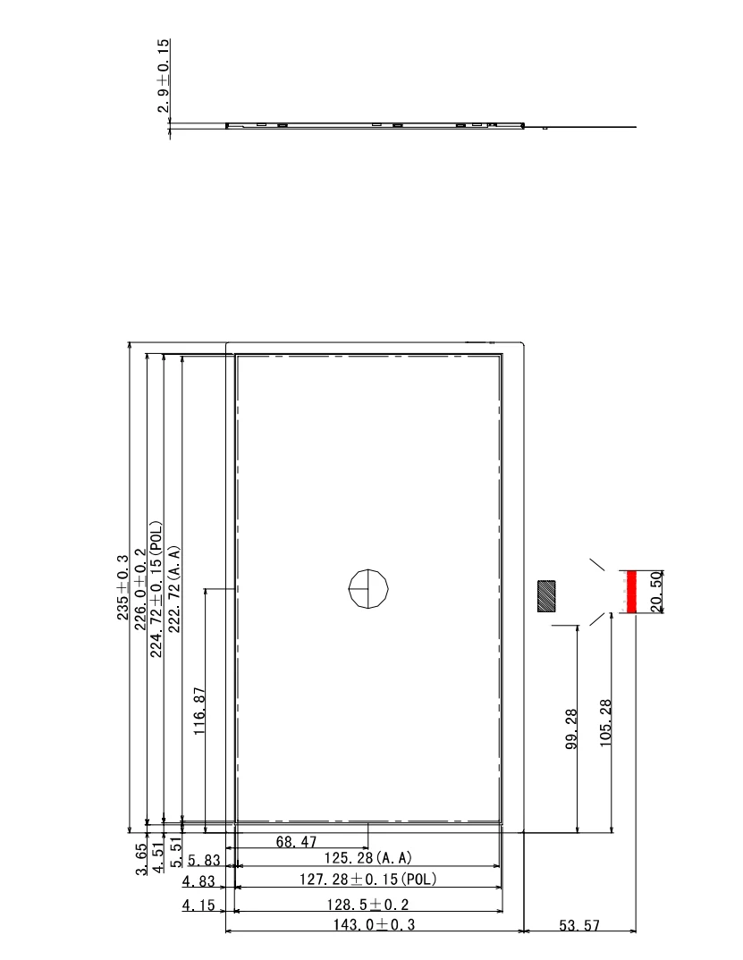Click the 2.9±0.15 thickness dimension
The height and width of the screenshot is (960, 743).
(x=164, y=77)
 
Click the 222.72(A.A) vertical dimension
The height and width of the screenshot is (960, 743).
(x=174, y=589)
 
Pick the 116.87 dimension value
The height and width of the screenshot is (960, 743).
(x=200, y=711)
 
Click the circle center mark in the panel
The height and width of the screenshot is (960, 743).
(x=369, y=588)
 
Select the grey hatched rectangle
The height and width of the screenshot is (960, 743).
(x=545, y=595)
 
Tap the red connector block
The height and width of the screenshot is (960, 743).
(x=630, y=593)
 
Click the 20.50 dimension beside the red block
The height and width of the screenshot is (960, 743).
(x=654, y=592)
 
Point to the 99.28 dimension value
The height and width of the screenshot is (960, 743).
(x=572, y=730)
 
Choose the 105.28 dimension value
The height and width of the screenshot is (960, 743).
(x=605, y=725)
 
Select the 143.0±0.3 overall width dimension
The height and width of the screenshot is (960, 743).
(x=374, y=925)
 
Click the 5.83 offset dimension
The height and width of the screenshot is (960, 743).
(x=204, y=860)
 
